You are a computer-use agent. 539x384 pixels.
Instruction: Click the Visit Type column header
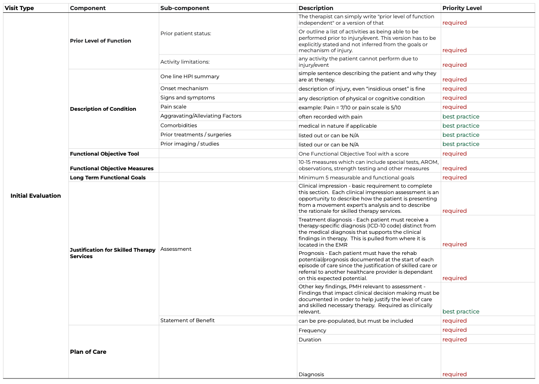19,8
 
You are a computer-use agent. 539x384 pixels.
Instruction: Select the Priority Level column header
462,8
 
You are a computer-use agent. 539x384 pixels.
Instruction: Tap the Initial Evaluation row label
36,196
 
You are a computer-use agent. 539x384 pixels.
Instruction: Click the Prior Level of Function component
101,41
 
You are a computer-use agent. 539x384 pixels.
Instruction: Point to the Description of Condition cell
103,109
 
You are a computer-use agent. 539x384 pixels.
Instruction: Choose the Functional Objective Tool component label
104,154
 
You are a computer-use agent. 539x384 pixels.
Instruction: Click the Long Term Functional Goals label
108,178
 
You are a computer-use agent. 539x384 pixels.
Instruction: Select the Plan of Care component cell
88,352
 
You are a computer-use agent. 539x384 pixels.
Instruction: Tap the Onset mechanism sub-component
184,88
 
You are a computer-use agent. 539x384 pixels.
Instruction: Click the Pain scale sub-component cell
173,107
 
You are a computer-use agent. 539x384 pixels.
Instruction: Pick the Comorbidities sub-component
178,125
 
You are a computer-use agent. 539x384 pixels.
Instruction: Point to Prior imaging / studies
189,144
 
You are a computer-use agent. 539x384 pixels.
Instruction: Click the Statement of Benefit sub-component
187,320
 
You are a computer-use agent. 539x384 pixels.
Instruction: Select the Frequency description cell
313,330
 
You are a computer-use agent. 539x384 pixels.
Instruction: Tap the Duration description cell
310,340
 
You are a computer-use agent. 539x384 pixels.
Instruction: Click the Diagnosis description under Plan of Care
311,374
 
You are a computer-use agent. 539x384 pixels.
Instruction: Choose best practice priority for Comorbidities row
461,126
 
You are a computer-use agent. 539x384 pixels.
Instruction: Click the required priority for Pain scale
454,107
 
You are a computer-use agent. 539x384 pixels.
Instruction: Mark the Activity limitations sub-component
185,62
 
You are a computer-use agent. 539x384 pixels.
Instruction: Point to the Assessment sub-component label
176,249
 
